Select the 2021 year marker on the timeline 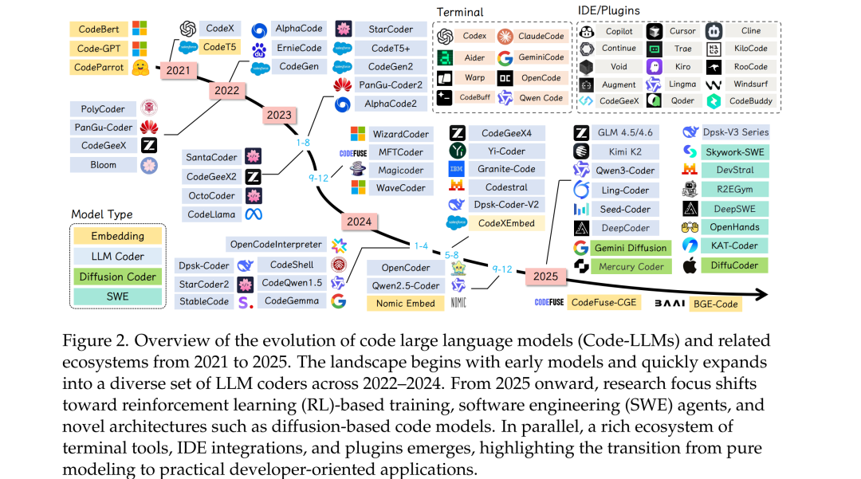(177, 71)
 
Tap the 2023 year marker (279, 115)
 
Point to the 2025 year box (545, 277)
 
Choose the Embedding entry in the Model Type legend (117, 236)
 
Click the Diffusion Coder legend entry (117, 277)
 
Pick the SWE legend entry (117, 296)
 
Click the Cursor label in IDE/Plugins (682, 31)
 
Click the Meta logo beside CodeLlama (254, 214)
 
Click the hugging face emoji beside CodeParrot (140, 67)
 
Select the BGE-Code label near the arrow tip (714, 303)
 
